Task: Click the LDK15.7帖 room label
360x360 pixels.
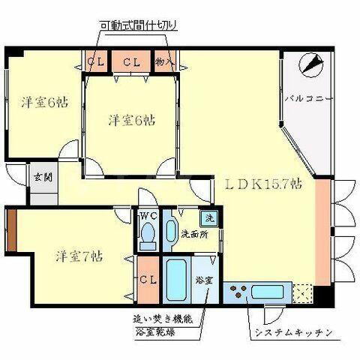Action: (x=261, y=183)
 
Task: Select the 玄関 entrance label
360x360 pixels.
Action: (x=42, y=178)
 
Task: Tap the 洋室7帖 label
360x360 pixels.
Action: (x=78, y=256)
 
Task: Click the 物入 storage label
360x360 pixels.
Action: (x=165, y=61)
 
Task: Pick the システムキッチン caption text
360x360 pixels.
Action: (x=286, y=331)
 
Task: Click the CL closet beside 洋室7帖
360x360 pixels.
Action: (x=148, y=279)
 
